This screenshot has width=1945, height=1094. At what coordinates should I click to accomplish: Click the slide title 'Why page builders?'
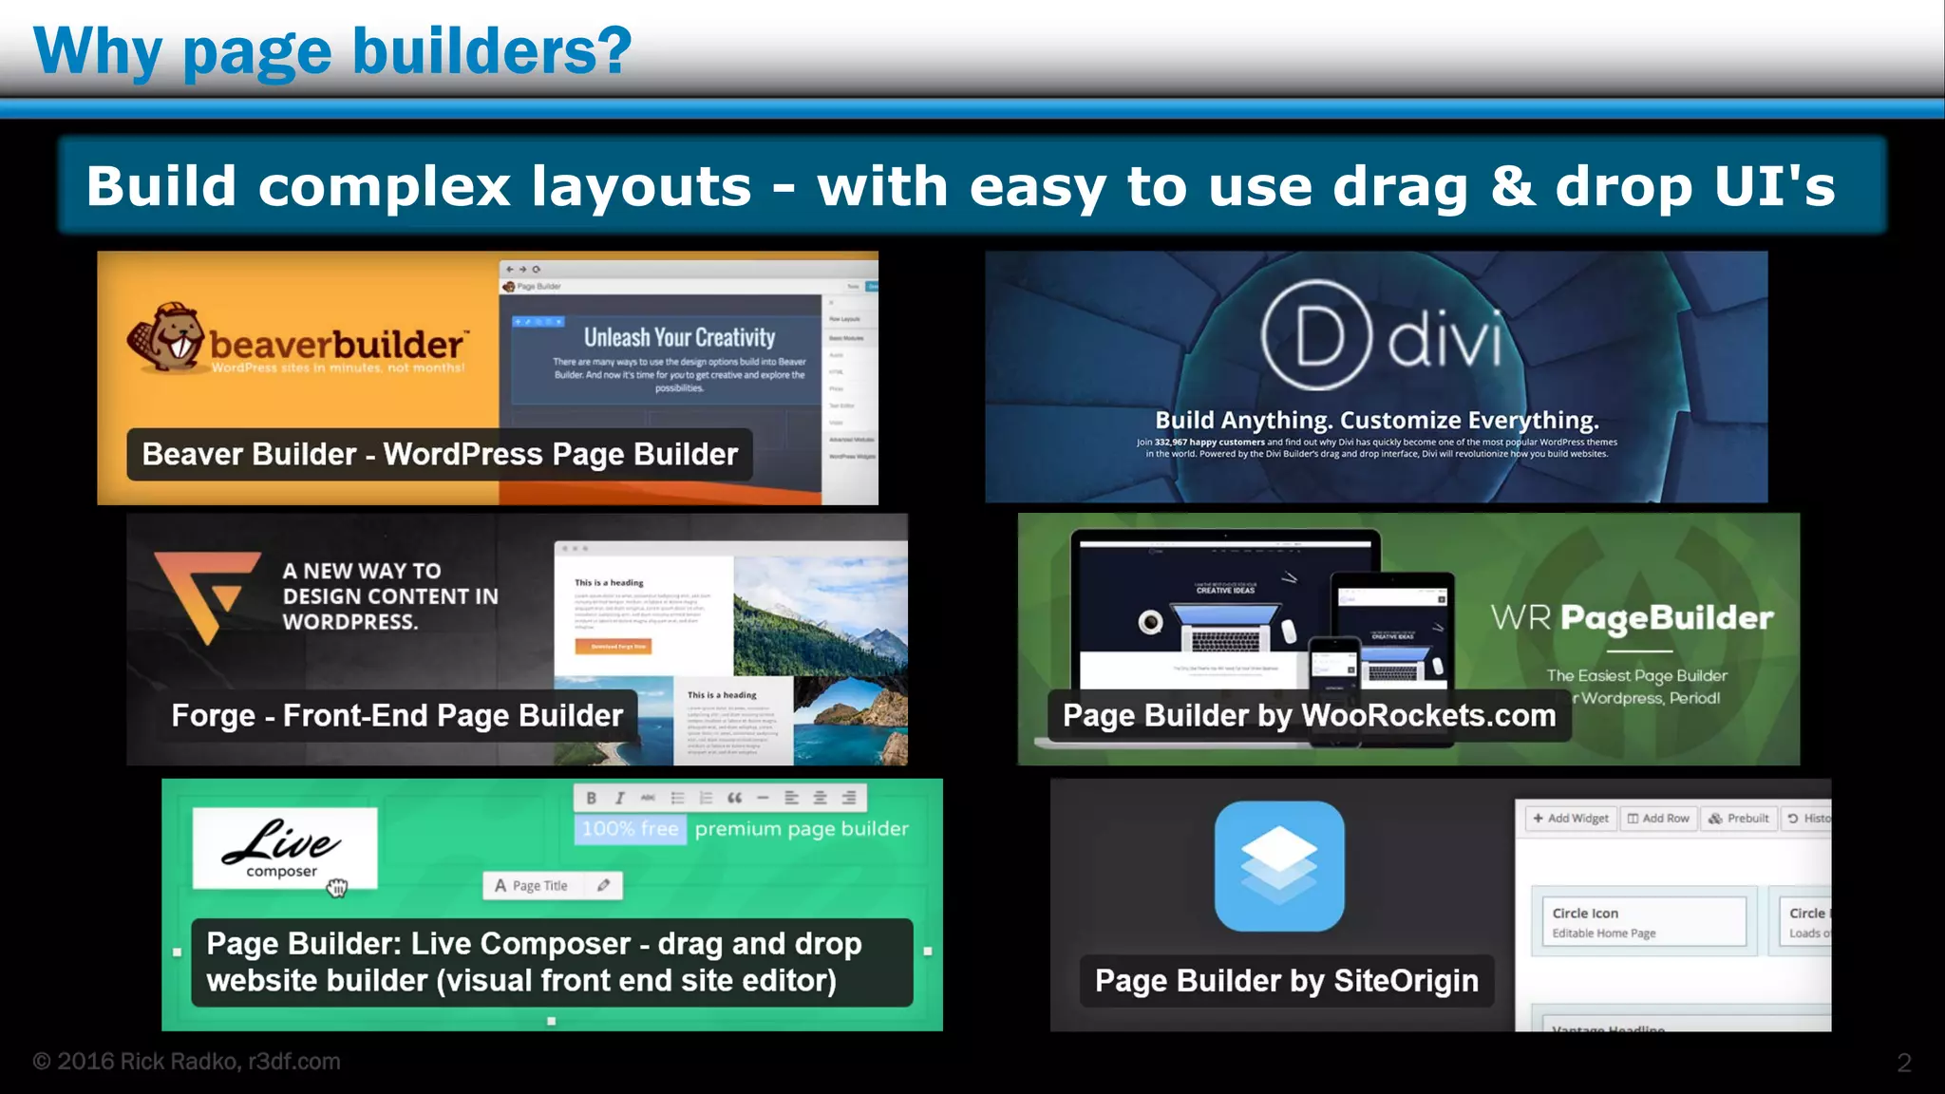point(332,51)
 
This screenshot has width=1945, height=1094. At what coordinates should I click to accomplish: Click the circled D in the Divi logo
point(1316,335)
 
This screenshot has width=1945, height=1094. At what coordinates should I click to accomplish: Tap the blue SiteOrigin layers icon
point(1279,866)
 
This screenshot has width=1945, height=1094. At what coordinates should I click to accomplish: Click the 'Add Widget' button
point(1571,819)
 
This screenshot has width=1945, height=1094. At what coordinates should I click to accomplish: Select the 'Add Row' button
point(1658,819)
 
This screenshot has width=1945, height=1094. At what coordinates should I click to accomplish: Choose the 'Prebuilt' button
point(1739,819)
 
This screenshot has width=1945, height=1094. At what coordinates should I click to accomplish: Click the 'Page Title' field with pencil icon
point(552,886)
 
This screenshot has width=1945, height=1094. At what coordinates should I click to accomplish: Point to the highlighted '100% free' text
point(631,829)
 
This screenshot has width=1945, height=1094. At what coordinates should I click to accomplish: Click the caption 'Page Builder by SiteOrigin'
point(1286,981)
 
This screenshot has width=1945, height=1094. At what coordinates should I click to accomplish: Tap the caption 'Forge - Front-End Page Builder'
point(397,716)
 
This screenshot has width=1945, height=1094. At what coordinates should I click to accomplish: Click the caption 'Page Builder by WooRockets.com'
point(1309,716)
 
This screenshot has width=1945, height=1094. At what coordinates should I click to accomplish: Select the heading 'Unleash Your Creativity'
point(679,338)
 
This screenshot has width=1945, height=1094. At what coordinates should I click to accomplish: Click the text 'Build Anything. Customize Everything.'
point(1376,421)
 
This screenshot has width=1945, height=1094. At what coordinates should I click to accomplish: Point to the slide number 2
point(1903,1063)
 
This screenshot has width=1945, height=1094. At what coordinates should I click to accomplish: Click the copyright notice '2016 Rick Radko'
point(186,1062)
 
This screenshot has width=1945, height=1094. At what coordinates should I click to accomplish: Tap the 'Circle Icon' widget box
point(1643,921)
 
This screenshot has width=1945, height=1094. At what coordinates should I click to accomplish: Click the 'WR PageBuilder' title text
point(1632,618)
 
